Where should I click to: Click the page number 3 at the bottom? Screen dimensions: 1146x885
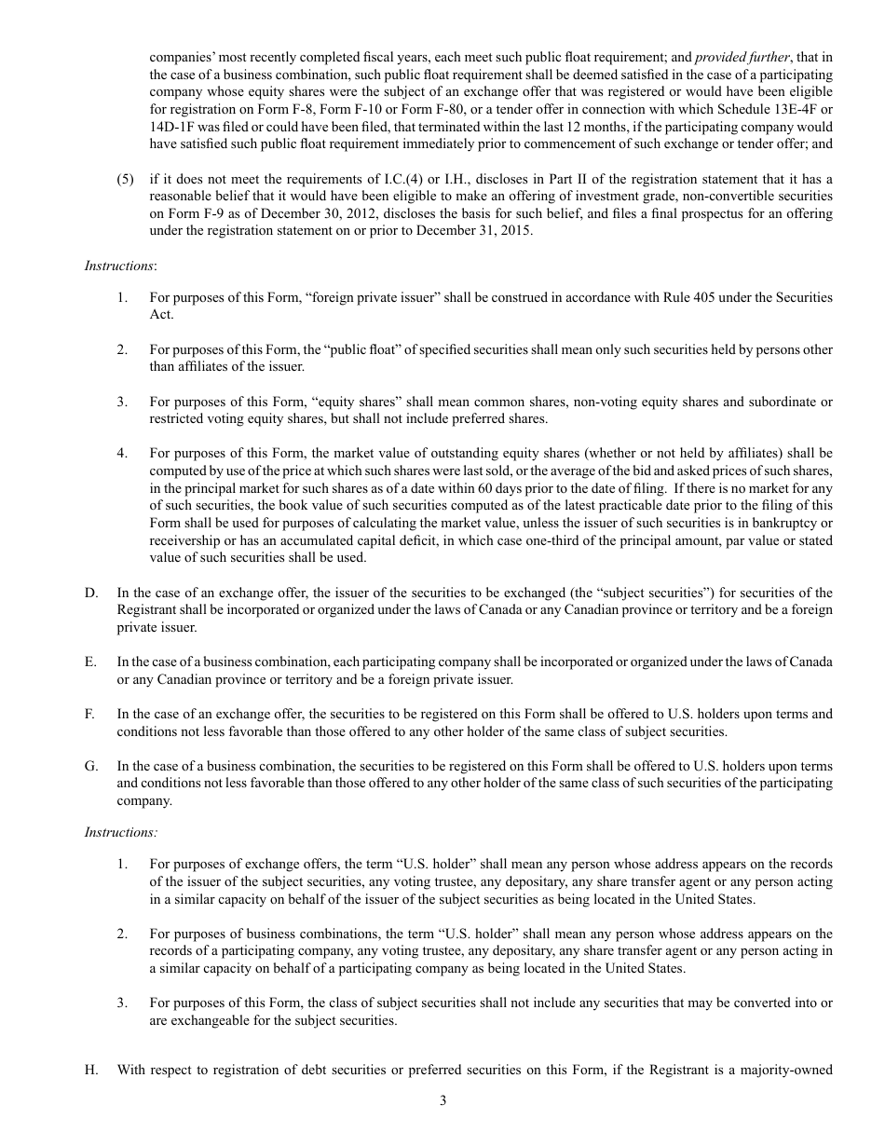pyautogui.click(x=442, y=1100)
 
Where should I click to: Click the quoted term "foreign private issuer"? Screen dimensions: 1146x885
pyautogui.click(x=326, y=297)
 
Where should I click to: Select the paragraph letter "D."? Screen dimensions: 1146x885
pyautogui.click(x=90, y=593)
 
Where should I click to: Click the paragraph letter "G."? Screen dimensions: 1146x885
pyautogui.click(x=90, y=766)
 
